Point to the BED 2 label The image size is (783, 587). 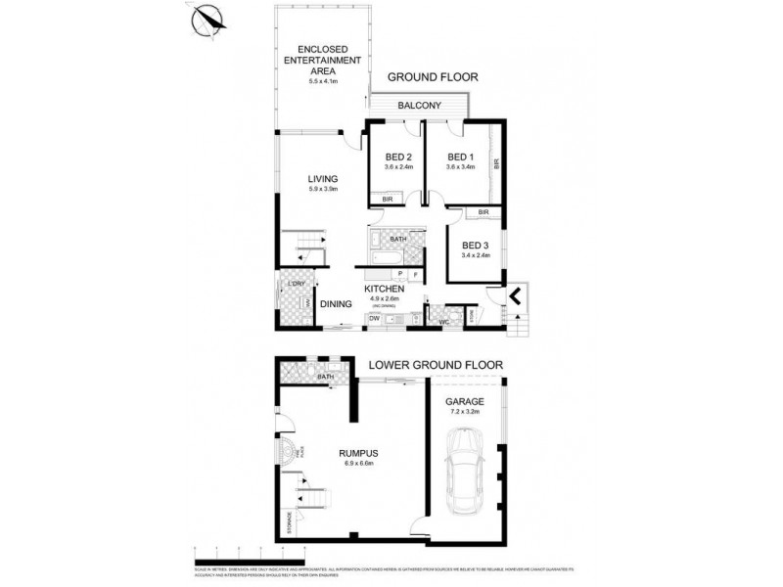398,157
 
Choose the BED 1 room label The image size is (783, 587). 460,157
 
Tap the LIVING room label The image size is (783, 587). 323,179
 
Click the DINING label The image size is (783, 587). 334,303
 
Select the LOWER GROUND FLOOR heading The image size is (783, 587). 436,365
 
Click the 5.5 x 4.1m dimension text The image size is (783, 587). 323,81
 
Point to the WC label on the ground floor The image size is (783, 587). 443,320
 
